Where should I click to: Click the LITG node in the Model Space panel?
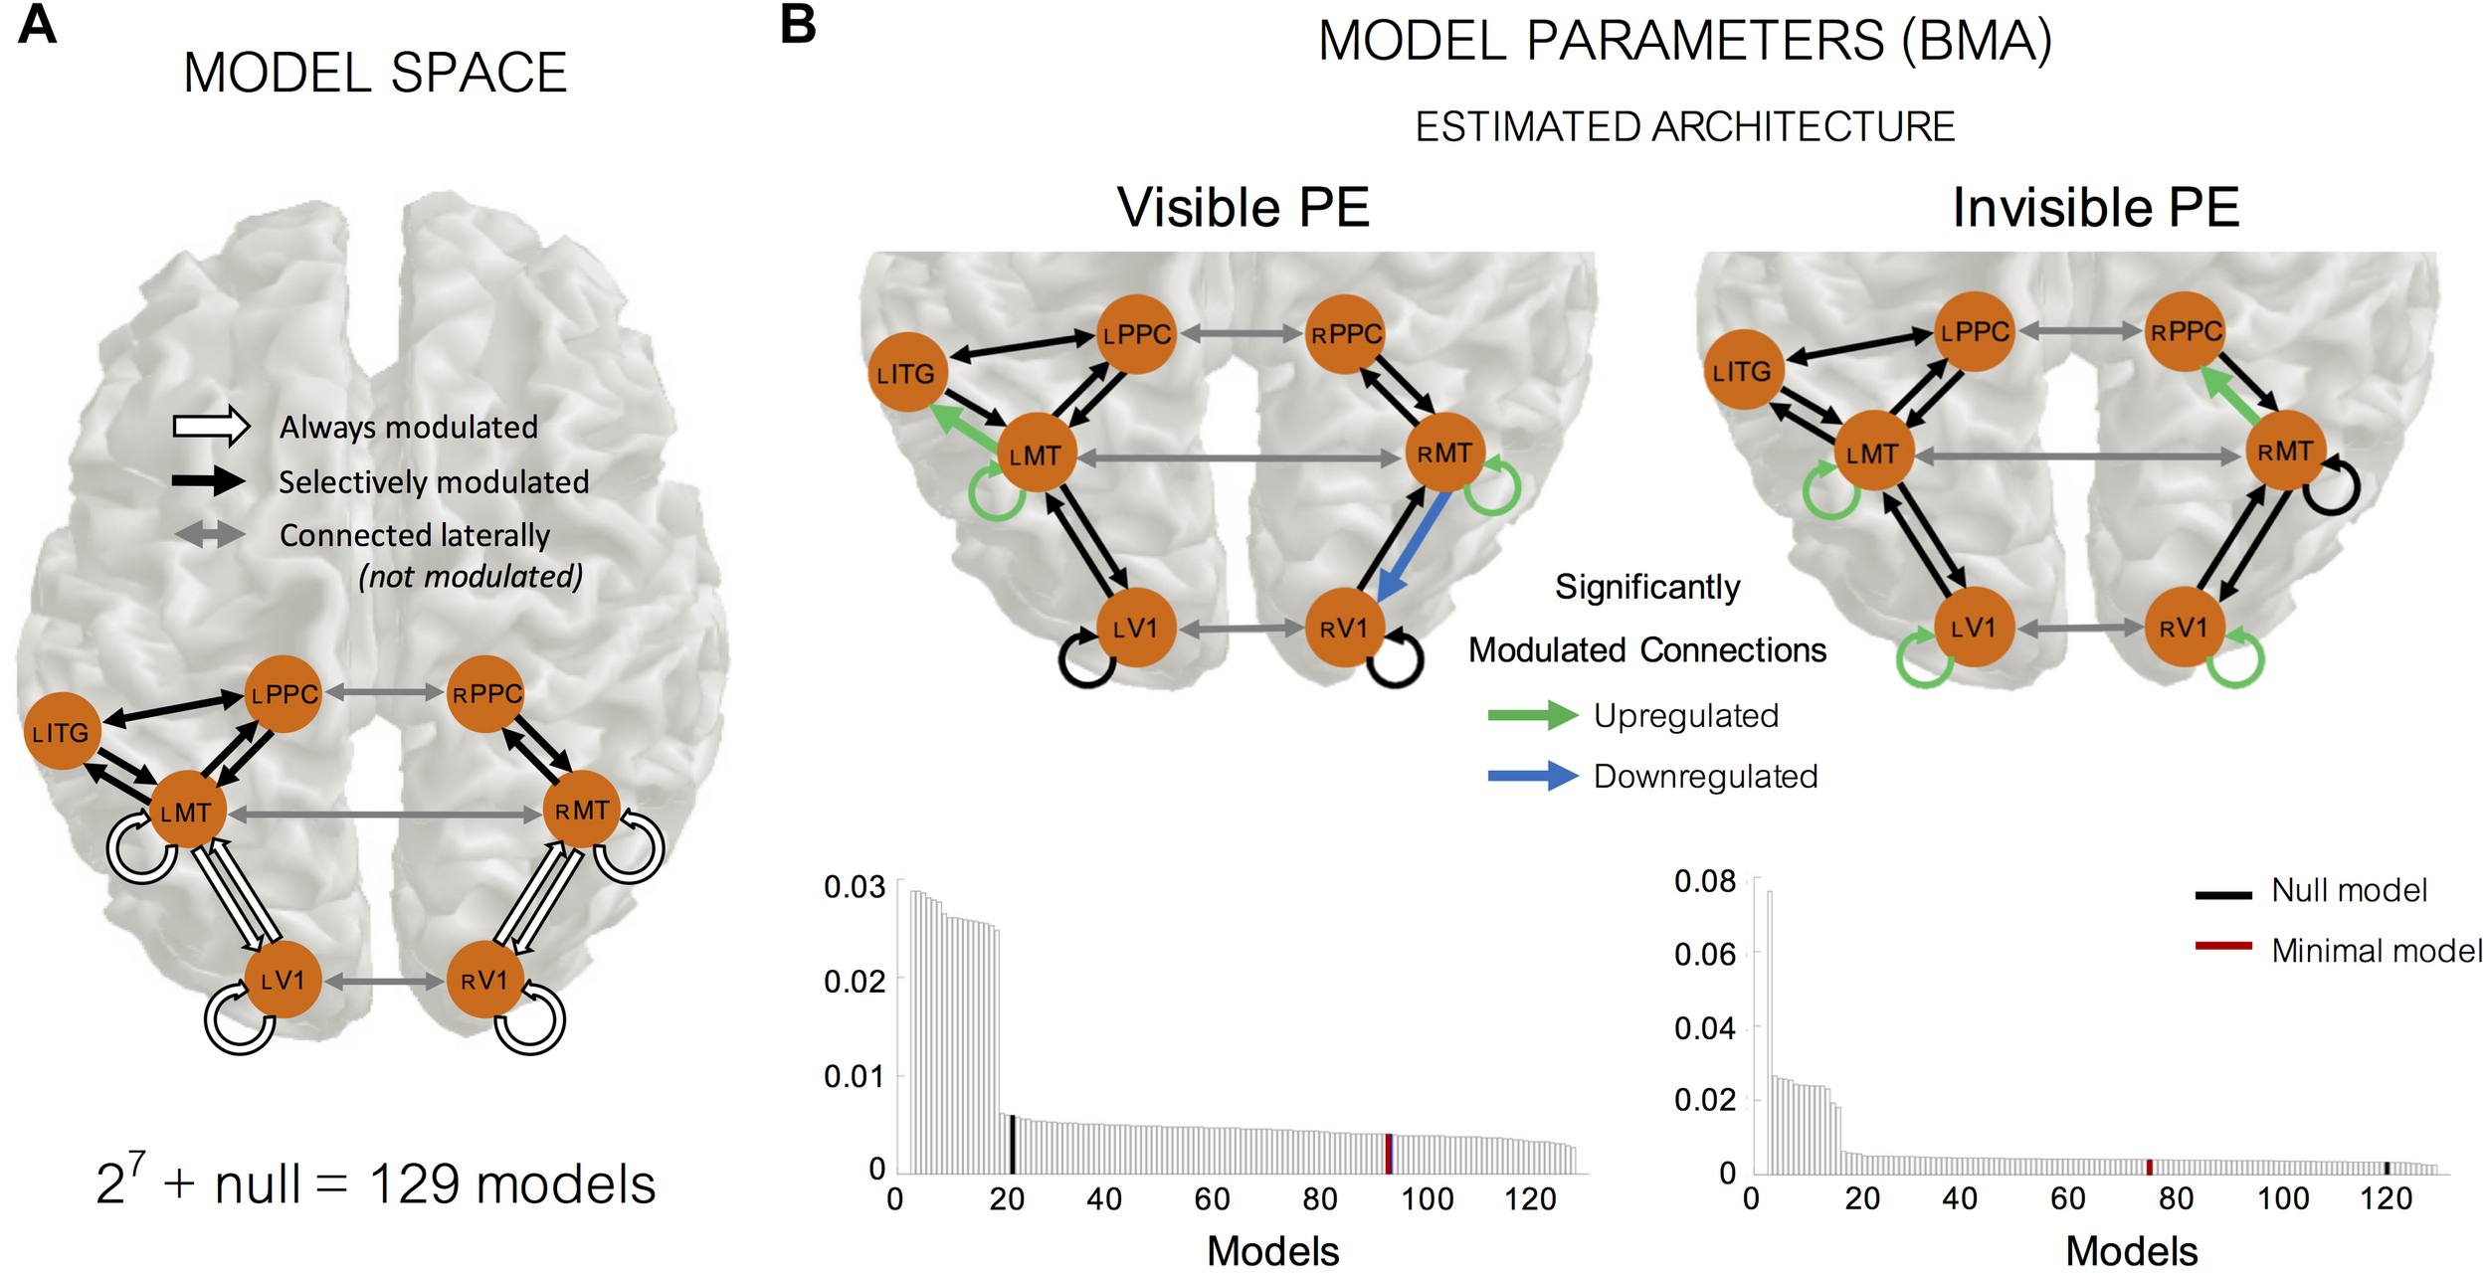click(x=62, y=732)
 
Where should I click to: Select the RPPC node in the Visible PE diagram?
click(x=1346, y=334)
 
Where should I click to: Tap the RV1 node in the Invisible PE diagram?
click(x=2184, y=628)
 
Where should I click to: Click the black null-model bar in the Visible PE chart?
click(x=1012, y=1144)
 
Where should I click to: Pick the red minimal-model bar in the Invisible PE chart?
click(x=2150, y=1167)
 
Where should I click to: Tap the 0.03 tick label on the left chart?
click(x=854, y=887)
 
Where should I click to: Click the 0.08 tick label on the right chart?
click(x=1704, y=881)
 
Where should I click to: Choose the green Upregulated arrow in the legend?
click(x=1532, y=715)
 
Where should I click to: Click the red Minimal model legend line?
click(x=2223, y=946)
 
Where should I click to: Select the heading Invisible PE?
click(x=2095, y=208)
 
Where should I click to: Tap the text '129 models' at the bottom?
click(x=512, y=1184)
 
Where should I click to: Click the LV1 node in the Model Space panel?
click(x=283, y=980)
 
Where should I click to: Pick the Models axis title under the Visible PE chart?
click(x=1272, y=1251)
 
